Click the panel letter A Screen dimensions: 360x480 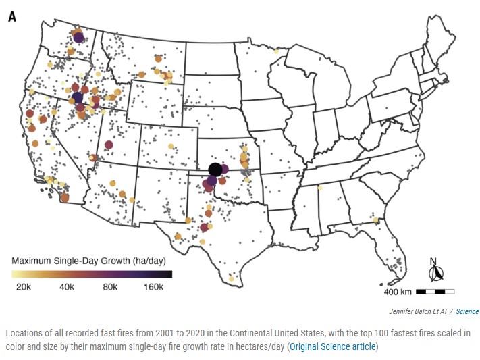tap(12, 16)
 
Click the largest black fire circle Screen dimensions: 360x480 tap(215, 170)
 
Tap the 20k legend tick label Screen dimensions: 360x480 tap(23, 287)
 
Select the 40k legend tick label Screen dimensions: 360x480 tap(66, 287)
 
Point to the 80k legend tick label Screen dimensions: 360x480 tap(110, 287)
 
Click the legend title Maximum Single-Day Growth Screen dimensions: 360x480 tap(88, 260)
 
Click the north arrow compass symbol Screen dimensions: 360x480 tap(435, 272)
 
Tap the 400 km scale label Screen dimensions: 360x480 tap(398, 292)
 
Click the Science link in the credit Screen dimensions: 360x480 tap(467, 311)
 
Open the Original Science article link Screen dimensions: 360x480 tap(334, 347)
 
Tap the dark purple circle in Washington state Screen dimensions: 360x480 tap(78, 38)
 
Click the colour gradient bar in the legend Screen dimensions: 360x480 tap(92, 274)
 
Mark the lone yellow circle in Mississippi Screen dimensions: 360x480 tap(320, 188)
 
